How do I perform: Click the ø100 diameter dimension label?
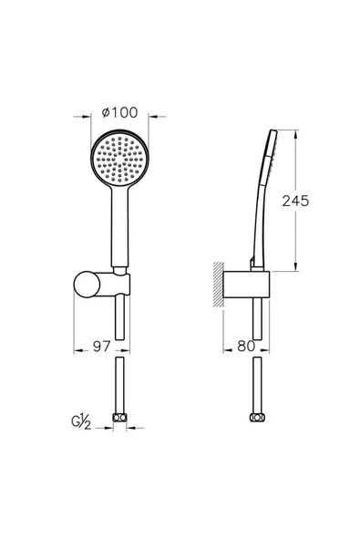pos(119,112)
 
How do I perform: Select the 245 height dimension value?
pos(295,201)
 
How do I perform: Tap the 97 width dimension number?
pos(102,347)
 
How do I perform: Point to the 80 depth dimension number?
pos(246,347)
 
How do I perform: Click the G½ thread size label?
pos(81,422)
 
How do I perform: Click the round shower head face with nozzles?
pos(119,159)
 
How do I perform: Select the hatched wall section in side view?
pos(218,284)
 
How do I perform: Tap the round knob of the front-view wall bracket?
pos(87,284)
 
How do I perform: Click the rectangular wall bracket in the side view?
pos(246,284)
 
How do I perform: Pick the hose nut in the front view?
pos(119,418)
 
